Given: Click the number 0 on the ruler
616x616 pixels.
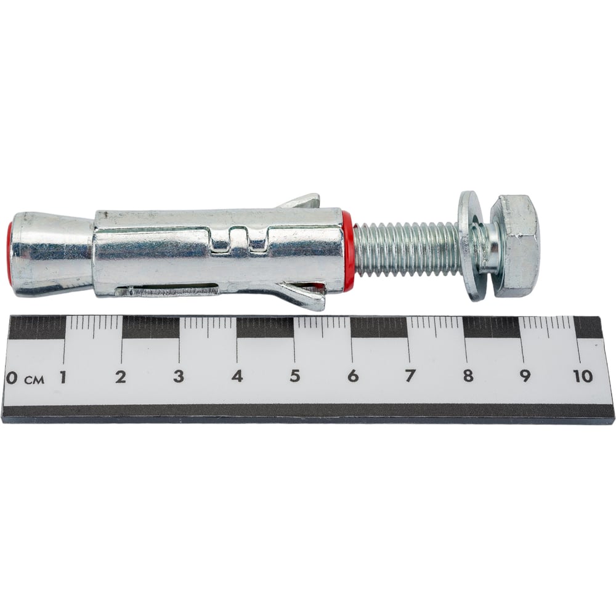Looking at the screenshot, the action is tap(12, 378).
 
